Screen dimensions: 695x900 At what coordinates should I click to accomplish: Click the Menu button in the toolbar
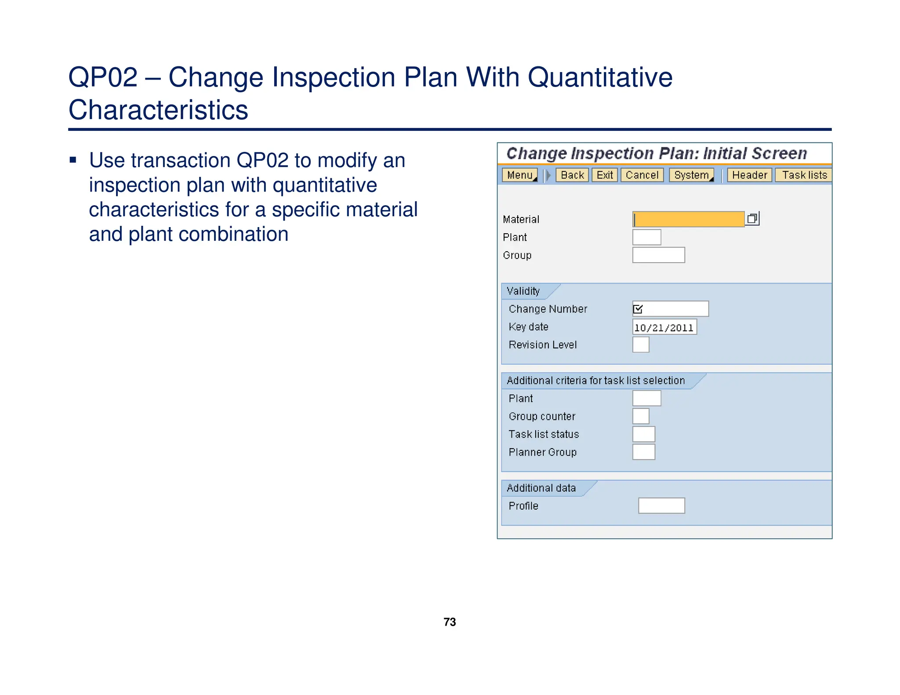[519, 175]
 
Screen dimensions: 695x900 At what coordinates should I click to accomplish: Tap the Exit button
[605, 175]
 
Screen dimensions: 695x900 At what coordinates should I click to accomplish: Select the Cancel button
[642, 175]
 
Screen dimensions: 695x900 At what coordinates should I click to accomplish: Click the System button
[691, 175]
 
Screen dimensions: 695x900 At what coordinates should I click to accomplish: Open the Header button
[749, 175]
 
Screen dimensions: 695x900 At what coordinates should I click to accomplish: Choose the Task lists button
[804, 175]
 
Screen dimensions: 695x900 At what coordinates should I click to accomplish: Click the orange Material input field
[688, 219]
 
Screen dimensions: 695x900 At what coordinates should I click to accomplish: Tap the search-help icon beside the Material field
[752, 219]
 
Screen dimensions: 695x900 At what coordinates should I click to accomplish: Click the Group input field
[658, 255]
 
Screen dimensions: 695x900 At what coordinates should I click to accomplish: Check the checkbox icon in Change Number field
[638, 309]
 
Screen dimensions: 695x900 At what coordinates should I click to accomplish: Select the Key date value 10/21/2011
[664, 327]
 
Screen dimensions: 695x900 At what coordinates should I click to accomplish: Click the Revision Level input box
[641, 345]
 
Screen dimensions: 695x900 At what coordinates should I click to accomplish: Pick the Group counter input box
[641, 416]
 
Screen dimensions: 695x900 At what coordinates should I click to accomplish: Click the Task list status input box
[644, 434]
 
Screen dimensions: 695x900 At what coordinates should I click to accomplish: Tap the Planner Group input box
[644, 452]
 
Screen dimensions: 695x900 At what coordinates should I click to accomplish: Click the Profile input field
[661, 506]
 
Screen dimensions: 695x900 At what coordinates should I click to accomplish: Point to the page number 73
[450, 622]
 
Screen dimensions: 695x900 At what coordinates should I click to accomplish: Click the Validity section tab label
[523, 291]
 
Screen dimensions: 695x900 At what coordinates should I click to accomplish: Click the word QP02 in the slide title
[103, 77]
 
